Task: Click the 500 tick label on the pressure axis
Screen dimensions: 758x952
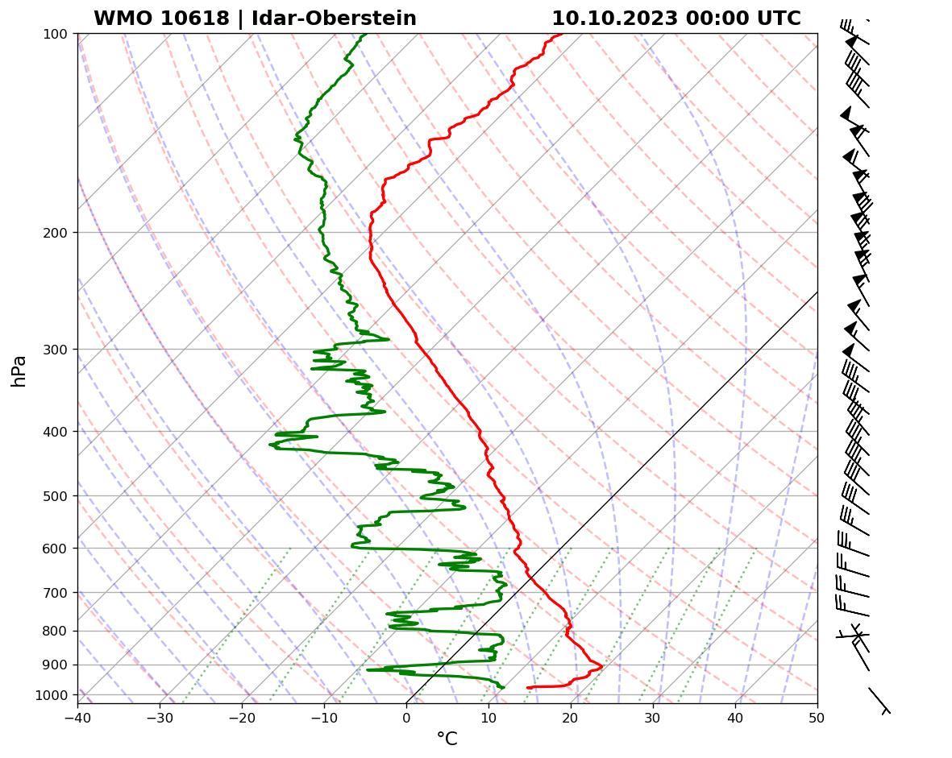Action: click(x=56, y=496)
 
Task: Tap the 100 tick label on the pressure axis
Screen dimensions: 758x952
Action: click(x=56, y=34)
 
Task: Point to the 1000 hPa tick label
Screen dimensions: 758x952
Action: click(x=52, y=695)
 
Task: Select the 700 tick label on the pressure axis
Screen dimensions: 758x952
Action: click(x=56, y=593)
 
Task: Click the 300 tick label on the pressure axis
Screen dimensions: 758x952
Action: click(x=56, y=350)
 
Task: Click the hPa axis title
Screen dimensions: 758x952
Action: click(x=19, y=371)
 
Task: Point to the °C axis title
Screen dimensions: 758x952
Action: click(x=447, y=739)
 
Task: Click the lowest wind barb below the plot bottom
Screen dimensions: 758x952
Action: click(x=879, y=700)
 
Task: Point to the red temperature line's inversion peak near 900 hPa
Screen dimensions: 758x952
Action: click(x=601, y=666)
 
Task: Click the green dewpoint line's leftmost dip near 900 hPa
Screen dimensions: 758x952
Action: click(x=368, y=669)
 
